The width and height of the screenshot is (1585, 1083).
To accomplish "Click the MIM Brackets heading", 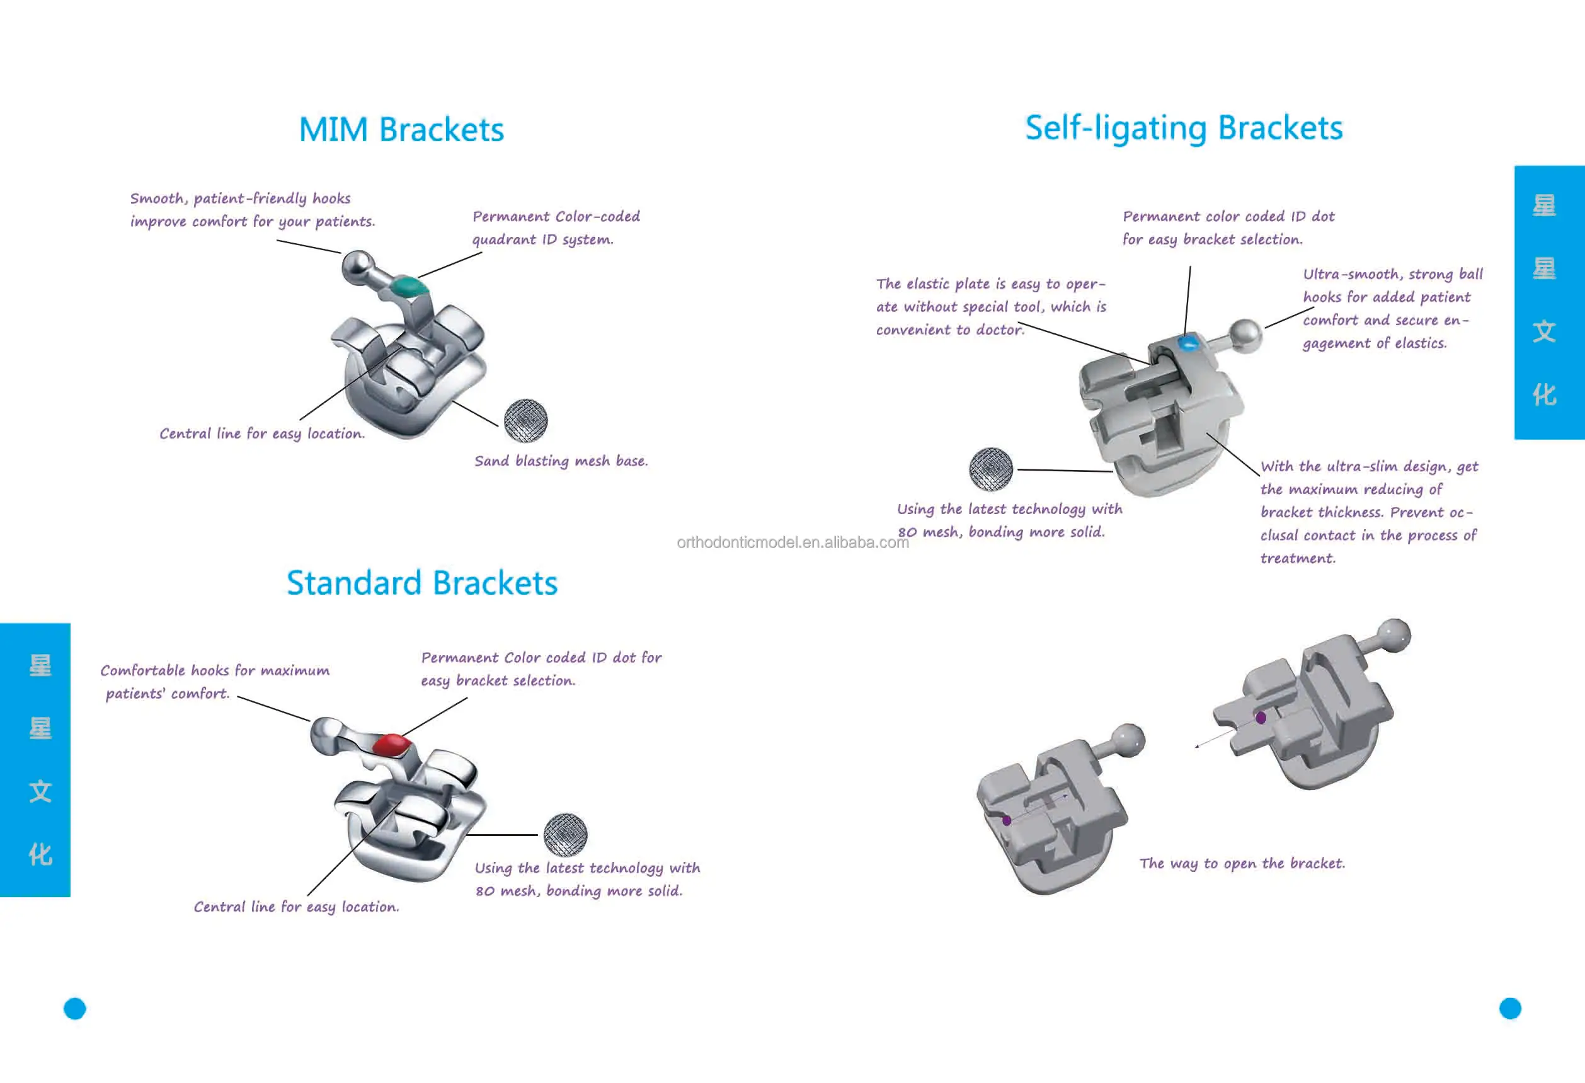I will pos(401,130).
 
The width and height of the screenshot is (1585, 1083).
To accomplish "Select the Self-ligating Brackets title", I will pos(1183,129).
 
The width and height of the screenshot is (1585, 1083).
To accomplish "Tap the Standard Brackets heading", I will pos(421,583).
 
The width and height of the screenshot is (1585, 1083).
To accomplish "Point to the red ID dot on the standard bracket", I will pos(391,744).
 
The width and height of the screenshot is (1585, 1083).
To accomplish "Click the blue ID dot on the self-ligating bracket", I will pos(1187,341).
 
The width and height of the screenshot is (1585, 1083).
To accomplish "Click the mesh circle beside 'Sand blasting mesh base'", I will pos(525,420).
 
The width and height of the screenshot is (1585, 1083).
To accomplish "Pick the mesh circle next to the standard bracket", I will pos(565,835).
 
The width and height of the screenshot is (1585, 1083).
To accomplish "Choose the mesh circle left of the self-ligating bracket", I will pos(991,469).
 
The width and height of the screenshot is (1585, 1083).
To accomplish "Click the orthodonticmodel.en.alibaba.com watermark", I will pos(792,542).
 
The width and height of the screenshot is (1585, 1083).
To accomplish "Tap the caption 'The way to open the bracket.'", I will pos(1242,863).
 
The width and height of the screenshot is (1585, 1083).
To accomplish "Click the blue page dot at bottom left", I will pos(75,1008).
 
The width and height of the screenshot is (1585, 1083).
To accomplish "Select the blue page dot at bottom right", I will pos(1510,1008).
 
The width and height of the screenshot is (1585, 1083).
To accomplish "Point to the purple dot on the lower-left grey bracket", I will pos(1007,820).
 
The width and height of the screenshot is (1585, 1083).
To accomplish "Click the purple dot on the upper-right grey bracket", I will pos(1261,718).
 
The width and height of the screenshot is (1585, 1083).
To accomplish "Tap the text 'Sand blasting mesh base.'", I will pos(561,461).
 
